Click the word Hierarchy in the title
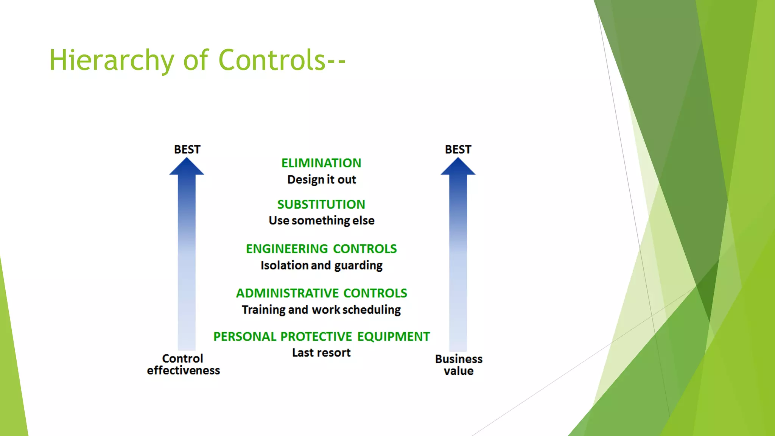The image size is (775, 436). pyautogui.click(x=112, y=61)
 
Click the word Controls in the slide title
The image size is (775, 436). pyautogui.click(x=272, y=61)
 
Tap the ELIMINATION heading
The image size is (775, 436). pyautogui.click(x=321, y=163)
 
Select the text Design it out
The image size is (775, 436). pyautogui.click(x=322, y=179)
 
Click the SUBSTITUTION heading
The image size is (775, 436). pyautogui.click(x=321, y=204)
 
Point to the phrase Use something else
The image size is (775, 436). pyautogui.click(x=322, y=221)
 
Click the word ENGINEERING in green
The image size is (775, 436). pyautogui.click(x=287, y=249)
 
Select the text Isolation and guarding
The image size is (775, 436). pyautogui.click(x=322, y=265)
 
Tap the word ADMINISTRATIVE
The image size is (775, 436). pyautogui.click(x=288, y=293)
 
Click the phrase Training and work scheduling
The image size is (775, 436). pyautogui.click(x=321, y=310)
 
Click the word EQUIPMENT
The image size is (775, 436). pyautogui.click(x=394, y=336)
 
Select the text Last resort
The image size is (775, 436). pyautogui.click(x=321, y=353)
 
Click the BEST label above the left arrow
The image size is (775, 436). pyautogui.click(x=187, y=149)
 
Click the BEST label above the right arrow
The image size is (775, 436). pyautogui.click(x=458, y=149)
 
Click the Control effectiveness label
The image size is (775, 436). pyautogui.click(x=183, y=364)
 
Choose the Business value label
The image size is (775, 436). pyautogui.click(x=459, y=365)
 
